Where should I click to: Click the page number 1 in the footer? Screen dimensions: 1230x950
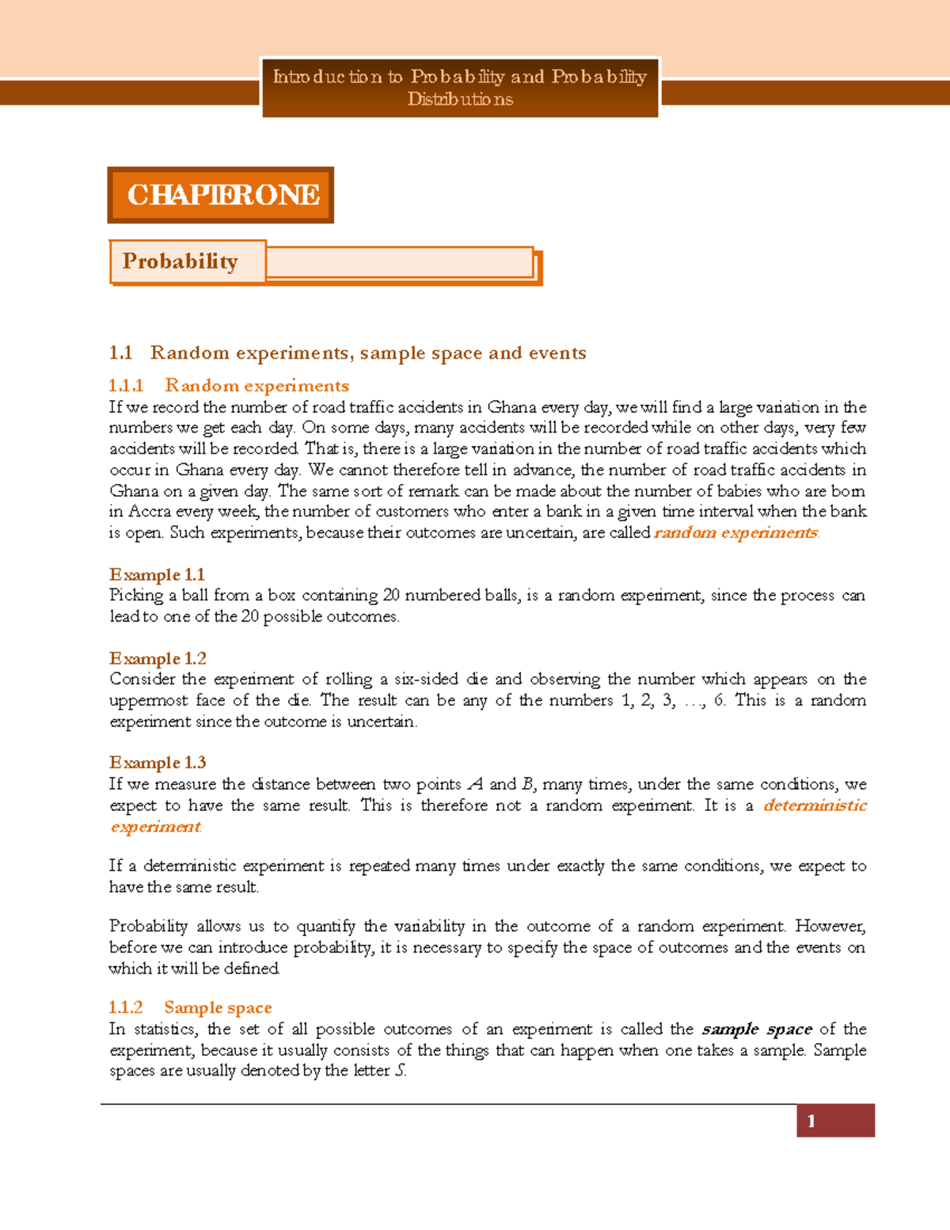point(811,1121)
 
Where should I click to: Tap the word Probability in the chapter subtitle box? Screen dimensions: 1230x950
point(180,261)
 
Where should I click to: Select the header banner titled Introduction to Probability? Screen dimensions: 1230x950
point(460,87)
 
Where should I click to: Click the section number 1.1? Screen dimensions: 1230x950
point(120,353)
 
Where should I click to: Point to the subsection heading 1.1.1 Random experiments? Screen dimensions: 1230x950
point(229,386)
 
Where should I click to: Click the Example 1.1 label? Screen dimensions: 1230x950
point(157,574)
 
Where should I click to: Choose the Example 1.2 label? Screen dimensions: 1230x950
point(158,658)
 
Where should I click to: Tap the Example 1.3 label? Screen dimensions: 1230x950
point(158,763)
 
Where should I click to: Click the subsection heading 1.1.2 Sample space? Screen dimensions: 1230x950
point(190,1007)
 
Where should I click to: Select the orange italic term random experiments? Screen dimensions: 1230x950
point(735,533)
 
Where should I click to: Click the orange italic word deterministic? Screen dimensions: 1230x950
point(815,805)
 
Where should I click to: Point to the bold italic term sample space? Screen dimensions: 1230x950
point(756,1029)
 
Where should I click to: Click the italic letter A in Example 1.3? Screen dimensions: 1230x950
point(475,784)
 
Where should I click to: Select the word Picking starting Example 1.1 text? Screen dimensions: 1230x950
point(135,596)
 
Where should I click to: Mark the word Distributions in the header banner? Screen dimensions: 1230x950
point(460,100)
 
